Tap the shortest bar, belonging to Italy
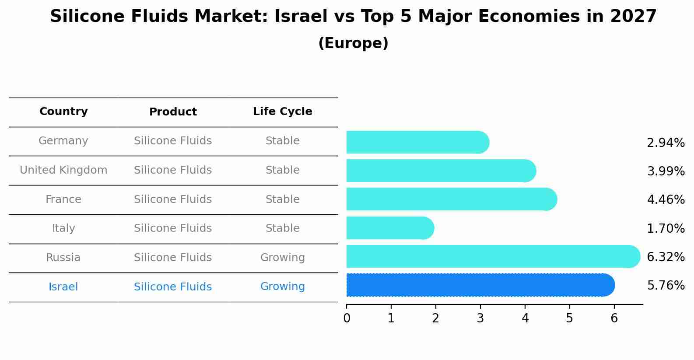(389, 228)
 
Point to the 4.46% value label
(666, 200)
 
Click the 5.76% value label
(666, 286)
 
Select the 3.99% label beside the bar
(666, 171)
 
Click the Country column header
(63, 112)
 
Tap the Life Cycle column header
(282, 112)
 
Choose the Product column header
(173, 112)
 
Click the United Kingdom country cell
(63, 170)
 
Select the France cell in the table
(63, 199)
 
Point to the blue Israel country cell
(63, 287)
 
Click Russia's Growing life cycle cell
(282, 258)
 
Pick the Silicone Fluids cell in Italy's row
(173, 228)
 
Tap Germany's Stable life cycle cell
(282, 141)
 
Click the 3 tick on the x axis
(480, 318)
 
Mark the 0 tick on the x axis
(347, 318)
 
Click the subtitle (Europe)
(353, 43)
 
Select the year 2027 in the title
(633, 17)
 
